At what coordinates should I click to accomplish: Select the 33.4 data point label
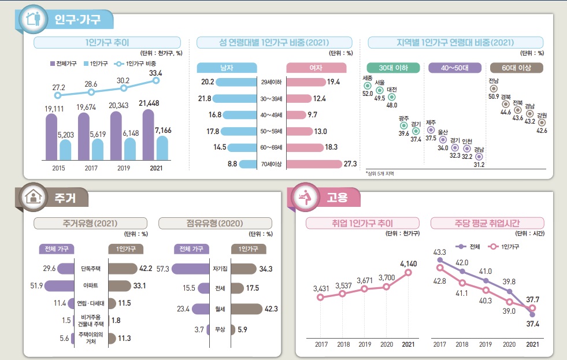pyautogui.click(x=155, y=73)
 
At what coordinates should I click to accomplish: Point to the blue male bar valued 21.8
pyautogui.click(x=237, y=99)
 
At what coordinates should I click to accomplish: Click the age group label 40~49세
pyautogui.click(x=270, y=115)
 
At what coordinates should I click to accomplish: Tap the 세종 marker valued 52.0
pyautogui.click(x=368, y=85)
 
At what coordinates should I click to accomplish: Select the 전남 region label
pyautogui.click(x=494, y=73)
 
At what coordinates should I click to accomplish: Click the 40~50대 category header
pyautogui.click(x=454, y=68)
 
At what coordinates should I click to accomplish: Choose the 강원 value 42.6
pyautogui.click(x=542, y=131)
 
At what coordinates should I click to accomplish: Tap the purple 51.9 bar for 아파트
pyautogui.click(x=61, y=285)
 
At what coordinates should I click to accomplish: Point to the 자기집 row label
pyautogui.click(x=219, y=269)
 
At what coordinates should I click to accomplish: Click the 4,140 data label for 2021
pyautogui.click(x=408, y=263)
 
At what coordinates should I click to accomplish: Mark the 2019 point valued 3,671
pyautogui.click(x=365, y=288)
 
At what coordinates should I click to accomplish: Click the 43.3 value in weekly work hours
pyautogui.click(x=439, y=253)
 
